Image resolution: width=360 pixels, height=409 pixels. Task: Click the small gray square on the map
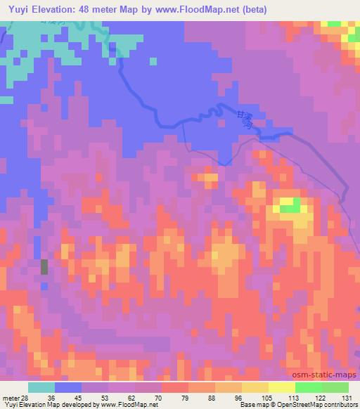pos(45,266)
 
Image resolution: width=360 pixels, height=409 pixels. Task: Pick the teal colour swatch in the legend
pos(41,387)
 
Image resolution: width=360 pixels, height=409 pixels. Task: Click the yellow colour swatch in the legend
pos(282,387)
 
